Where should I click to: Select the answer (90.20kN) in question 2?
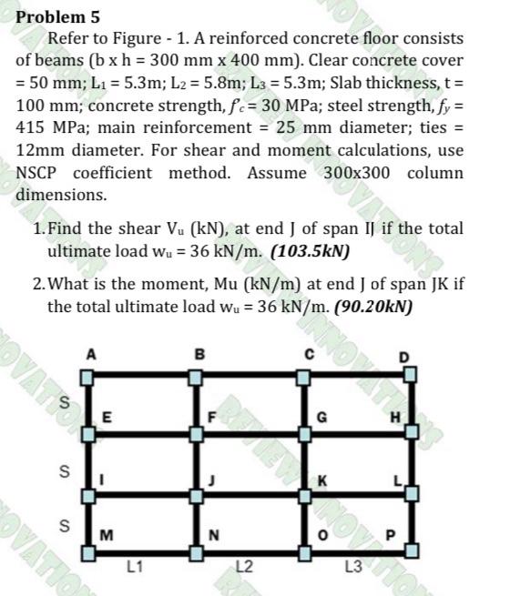[374, 306]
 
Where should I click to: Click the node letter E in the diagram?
[107, 419]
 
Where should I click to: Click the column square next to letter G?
[305, 432]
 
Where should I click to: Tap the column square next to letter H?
[411, 432]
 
